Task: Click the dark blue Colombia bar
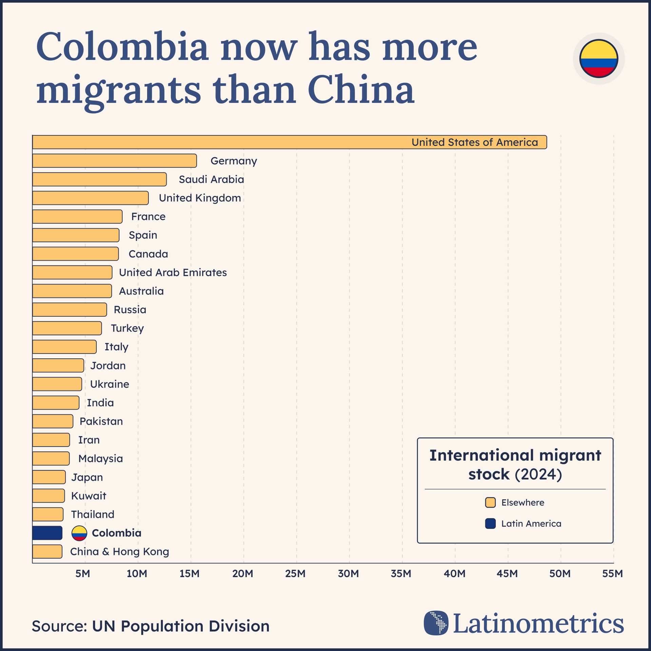coord(47,533)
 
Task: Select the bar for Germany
coord(115,161)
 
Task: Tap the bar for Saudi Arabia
coord(99,179)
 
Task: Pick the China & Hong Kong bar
coord(47,552)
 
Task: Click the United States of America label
coord(474,142)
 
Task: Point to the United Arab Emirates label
coord(173,273)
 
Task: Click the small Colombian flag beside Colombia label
coord(79,533)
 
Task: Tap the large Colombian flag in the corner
coord(598,59)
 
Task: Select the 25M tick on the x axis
coord(295,574)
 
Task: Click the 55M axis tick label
coord(612,574)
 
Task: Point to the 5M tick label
coord(83,574)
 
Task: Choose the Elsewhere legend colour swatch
coord(490,502)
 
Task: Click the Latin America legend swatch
coord(490,524)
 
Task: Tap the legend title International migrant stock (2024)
coord(515,465)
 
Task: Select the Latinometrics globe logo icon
coord(436,623)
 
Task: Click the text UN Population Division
coord(180,626)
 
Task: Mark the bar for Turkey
coord(67,328)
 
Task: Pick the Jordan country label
coord(108,366)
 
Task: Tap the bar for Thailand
coord(48,514)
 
